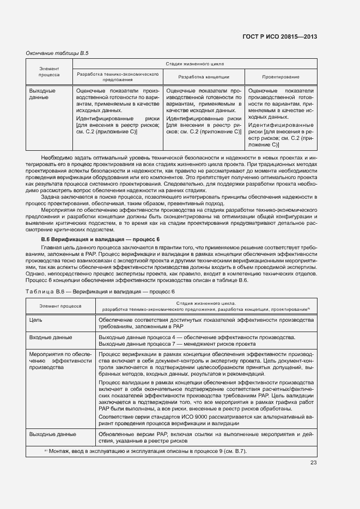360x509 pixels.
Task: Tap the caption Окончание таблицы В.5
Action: [57, 53]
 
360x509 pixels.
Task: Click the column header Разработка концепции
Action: [204, 77]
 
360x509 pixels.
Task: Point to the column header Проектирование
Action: [280, 77]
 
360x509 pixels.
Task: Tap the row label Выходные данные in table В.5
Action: [42, 94]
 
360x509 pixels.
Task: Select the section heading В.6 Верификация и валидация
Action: [101, 240]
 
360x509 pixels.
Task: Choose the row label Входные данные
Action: [51, 338]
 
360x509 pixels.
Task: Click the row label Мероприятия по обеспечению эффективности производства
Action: [60, 360]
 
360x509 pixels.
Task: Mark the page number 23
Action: [313, 463]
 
